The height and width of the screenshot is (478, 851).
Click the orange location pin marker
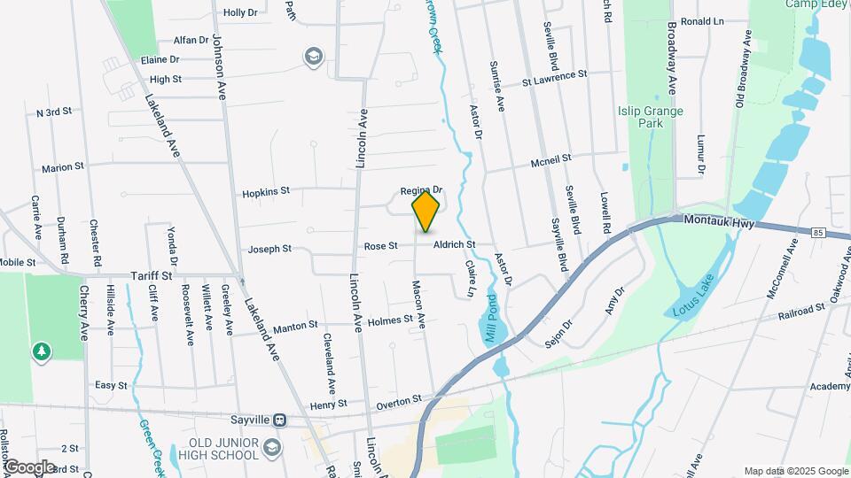(425, 211)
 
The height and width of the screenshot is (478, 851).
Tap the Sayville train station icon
(280, 420)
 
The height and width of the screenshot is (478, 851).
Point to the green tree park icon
(41, 352)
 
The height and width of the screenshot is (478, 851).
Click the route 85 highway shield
(817, 232)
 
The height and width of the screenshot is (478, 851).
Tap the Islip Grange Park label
(651, 117)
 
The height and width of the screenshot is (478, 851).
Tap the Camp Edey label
(816, 4)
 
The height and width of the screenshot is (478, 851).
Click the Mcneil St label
(551, 160)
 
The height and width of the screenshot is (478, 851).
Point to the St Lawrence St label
(554, 77)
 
